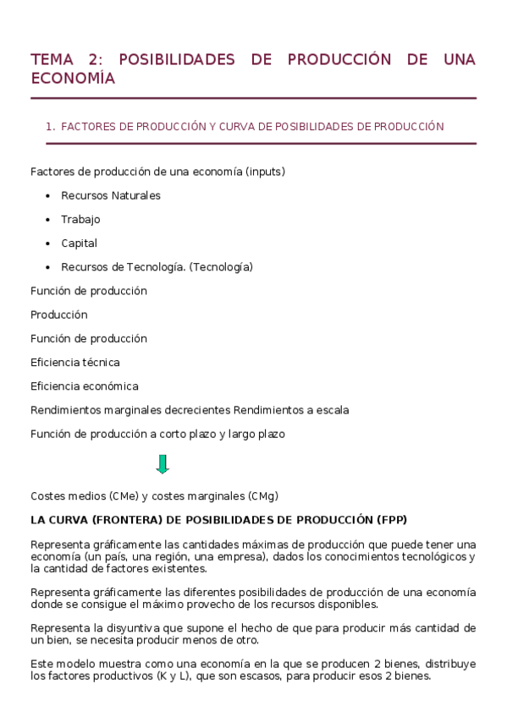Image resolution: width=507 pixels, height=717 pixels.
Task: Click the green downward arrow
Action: click(x=163, y=464)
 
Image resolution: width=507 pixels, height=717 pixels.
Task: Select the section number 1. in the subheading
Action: click(x=51, y=127)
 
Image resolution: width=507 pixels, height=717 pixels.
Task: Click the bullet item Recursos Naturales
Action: click(x=110, y=195)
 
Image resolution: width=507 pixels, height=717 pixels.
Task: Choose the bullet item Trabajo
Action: click(x=80, y=219)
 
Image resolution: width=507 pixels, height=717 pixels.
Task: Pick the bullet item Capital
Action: click(x=79, y=243)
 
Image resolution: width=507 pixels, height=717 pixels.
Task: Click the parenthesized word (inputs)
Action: click(x=265, y=172)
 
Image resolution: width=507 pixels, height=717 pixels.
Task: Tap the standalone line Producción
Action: click(x=58, y=315)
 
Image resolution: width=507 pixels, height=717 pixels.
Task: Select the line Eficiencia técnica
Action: click(x=74, y=363)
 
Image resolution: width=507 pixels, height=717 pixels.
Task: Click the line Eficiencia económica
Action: click(x=84, y=386)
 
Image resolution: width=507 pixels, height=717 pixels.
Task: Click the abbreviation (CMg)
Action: click(x=263, y=495)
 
